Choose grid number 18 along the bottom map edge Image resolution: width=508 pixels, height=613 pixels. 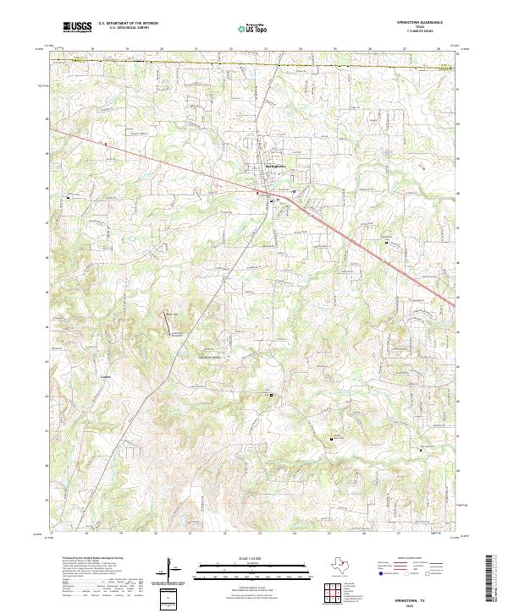click(87, 534)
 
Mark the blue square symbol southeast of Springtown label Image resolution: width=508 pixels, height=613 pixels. click(293, 192)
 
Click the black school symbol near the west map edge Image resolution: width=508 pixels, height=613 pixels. click(68, 198)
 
